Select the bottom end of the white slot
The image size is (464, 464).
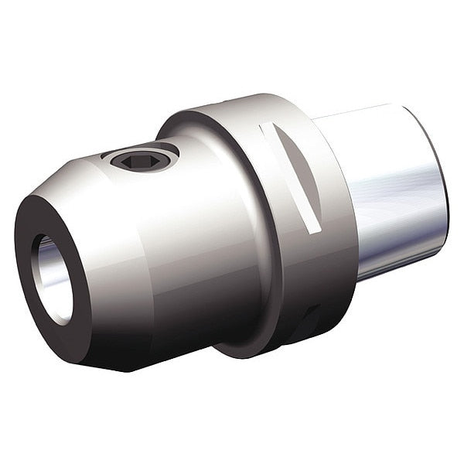(x=313, y=228)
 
